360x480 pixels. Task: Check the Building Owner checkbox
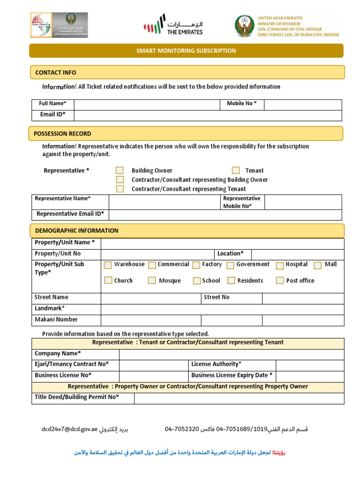click(x=120, y=171)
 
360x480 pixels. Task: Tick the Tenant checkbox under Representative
click(x=236, y=171)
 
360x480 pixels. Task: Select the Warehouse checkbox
click(x=108, y=265)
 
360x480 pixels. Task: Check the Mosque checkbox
click(x=152, y=281)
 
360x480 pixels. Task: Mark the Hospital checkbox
click(x=280, y=265)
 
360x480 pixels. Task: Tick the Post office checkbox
click(x=280, y=281)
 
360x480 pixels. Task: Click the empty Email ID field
click(x=208, y=115)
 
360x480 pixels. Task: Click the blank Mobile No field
click(x=303, y=104)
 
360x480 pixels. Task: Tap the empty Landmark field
click(x=222, y=309)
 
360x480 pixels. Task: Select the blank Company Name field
click(x=232, y=354)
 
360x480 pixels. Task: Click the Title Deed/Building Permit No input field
click(x=239, y=398)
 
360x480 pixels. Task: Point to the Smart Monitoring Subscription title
click(x=186, y=51)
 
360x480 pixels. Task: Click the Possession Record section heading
click(x=62, y=134)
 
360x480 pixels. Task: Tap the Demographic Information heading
click(x=76, y=231)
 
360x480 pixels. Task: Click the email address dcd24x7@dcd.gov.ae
click(x=69, y=429)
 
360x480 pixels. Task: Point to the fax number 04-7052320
click(x=182, y=429)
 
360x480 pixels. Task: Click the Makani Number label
click(x=56, y=320)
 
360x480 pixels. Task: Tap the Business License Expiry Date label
click(x=232, y=375)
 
